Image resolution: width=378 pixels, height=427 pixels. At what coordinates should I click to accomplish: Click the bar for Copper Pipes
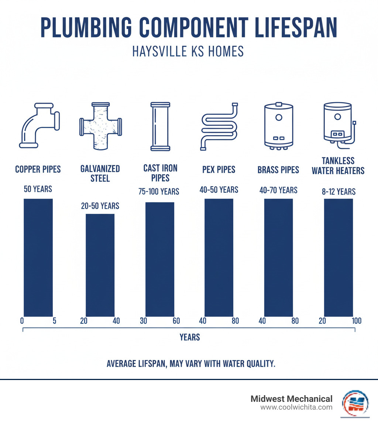(38, 258)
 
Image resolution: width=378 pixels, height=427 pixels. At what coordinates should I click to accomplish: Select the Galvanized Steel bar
(100, 265)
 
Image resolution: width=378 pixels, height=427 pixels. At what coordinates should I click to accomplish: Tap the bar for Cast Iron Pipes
(159, 259)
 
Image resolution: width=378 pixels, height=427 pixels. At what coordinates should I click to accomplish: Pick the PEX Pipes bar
(219, 258)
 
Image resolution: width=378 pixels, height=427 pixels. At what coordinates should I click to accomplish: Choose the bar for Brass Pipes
(278, 258)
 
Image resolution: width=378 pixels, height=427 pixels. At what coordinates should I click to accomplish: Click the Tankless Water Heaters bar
(338, 258)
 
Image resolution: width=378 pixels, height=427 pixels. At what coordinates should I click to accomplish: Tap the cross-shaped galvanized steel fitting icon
(100, 126)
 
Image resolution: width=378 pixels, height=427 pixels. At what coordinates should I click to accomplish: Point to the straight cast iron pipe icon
(160, 126)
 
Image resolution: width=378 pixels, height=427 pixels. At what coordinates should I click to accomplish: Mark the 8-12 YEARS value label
(338, 191)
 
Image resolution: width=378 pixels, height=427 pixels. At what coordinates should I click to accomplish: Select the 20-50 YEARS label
(100, 206)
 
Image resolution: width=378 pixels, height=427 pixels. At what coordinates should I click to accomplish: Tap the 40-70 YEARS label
(278, 190)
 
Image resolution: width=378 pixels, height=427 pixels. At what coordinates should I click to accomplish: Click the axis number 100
(356, 321)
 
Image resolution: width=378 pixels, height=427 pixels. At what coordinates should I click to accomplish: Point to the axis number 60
(176, 321)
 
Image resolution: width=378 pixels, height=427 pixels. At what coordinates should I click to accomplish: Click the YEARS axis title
(189, 337)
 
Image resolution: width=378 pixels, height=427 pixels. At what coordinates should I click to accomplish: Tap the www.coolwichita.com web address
(296, 407)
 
